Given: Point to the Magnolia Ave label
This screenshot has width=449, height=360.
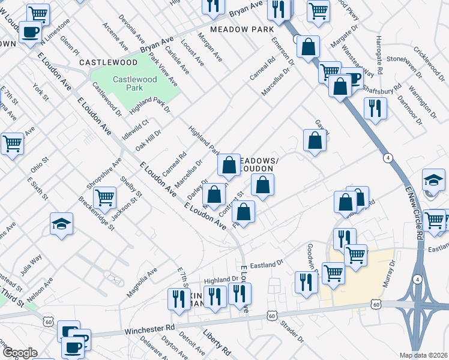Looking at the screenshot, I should (x=142, y=282).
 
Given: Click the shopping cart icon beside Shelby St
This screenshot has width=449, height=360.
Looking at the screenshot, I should (x=104, y=196).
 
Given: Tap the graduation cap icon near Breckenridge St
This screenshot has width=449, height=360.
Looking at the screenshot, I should (x=61, y=224).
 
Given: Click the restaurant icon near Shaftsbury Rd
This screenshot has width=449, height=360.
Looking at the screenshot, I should (x=375, y=108).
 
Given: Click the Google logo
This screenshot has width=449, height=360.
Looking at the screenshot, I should (x=19, y=353).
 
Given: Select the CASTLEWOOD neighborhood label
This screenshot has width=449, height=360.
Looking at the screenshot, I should (x=100, y=62).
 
